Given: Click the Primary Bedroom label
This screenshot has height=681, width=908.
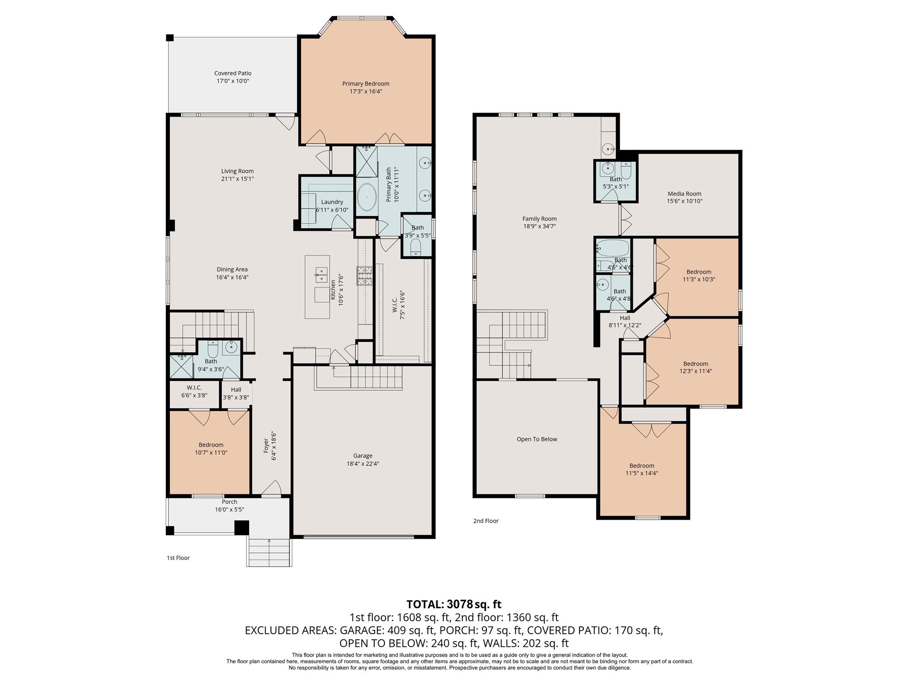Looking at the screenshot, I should (365, 84).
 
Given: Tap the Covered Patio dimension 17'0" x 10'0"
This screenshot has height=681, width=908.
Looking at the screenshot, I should (233, 81).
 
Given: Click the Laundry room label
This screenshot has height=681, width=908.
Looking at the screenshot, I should (332, 202).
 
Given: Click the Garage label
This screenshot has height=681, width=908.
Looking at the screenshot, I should (363, 456).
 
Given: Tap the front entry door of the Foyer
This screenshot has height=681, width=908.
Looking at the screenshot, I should (271, 489).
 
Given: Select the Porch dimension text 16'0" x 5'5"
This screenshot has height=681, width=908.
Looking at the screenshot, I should (229, 510).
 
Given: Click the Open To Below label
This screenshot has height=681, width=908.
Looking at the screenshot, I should (536, 439).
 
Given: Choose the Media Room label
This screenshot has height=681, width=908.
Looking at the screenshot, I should (685, 194).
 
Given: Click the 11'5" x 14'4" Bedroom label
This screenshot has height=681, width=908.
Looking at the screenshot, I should (642, 466).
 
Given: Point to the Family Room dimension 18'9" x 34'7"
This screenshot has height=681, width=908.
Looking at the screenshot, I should (539, 226).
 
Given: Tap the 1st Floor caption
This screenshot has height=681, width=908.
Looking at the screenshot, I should (178, 558).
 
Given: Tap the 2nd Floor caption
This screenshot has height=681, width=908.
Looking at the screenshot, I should (485, 521).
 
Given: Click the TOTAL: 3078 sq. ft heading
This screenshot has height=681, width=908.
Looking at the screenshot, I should (454, 604).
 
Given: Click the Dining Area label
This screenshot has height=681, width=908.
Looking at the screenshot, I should (232, 270).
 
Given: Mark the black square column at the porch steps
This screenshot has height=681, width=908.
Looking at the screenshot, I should (242, 528).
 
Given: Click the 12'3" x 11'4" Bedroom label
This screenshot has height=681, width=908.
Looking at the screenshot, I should (695, 364).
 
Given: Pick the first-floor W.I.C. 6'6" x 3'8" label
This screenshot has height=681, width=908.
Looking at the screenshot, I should (194, 388).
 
